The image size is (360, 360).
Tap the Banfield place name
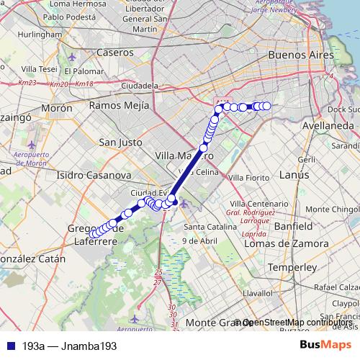click(293, 225)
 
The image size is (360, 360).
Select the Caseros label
click(114, 53)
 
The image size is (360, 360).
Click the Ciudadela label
click(140, 85)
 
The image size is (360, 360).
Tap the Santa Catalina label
click(210, 225)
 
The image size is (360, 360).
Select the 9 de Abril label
click(200, 240)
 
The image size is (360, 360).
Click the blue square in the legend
click(8, 346)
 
